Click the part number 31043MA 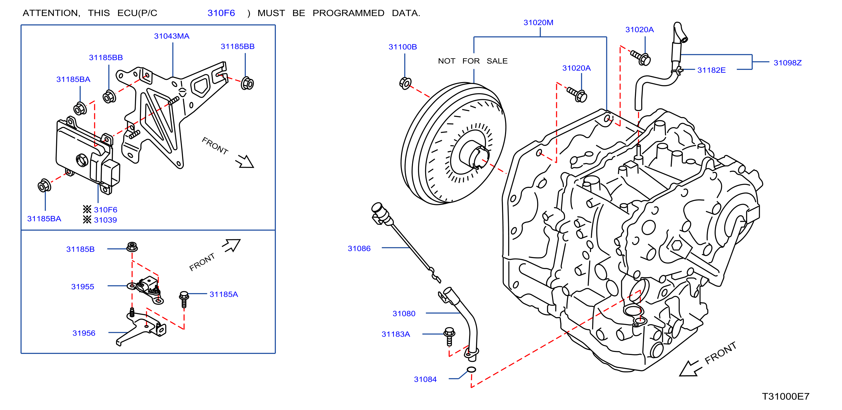pos(172,36)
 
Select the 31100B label pos(403,47)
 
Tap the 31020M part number pos(538,23)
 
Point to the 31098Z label pos(788,63)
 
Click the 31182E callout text pos(711,70)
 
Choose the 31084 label pos(425,379)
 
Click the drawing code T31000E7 pos(785,396)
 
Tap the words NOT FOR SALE pos(473,61)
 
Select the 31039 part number pos(105,220)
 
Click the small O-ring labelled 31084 pos(471,369)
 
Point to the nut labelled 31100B pos(405,83)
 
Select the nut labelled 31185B pos(132,247)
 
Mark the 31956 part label pos(84,333)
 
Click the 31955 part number pos(82,287)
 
